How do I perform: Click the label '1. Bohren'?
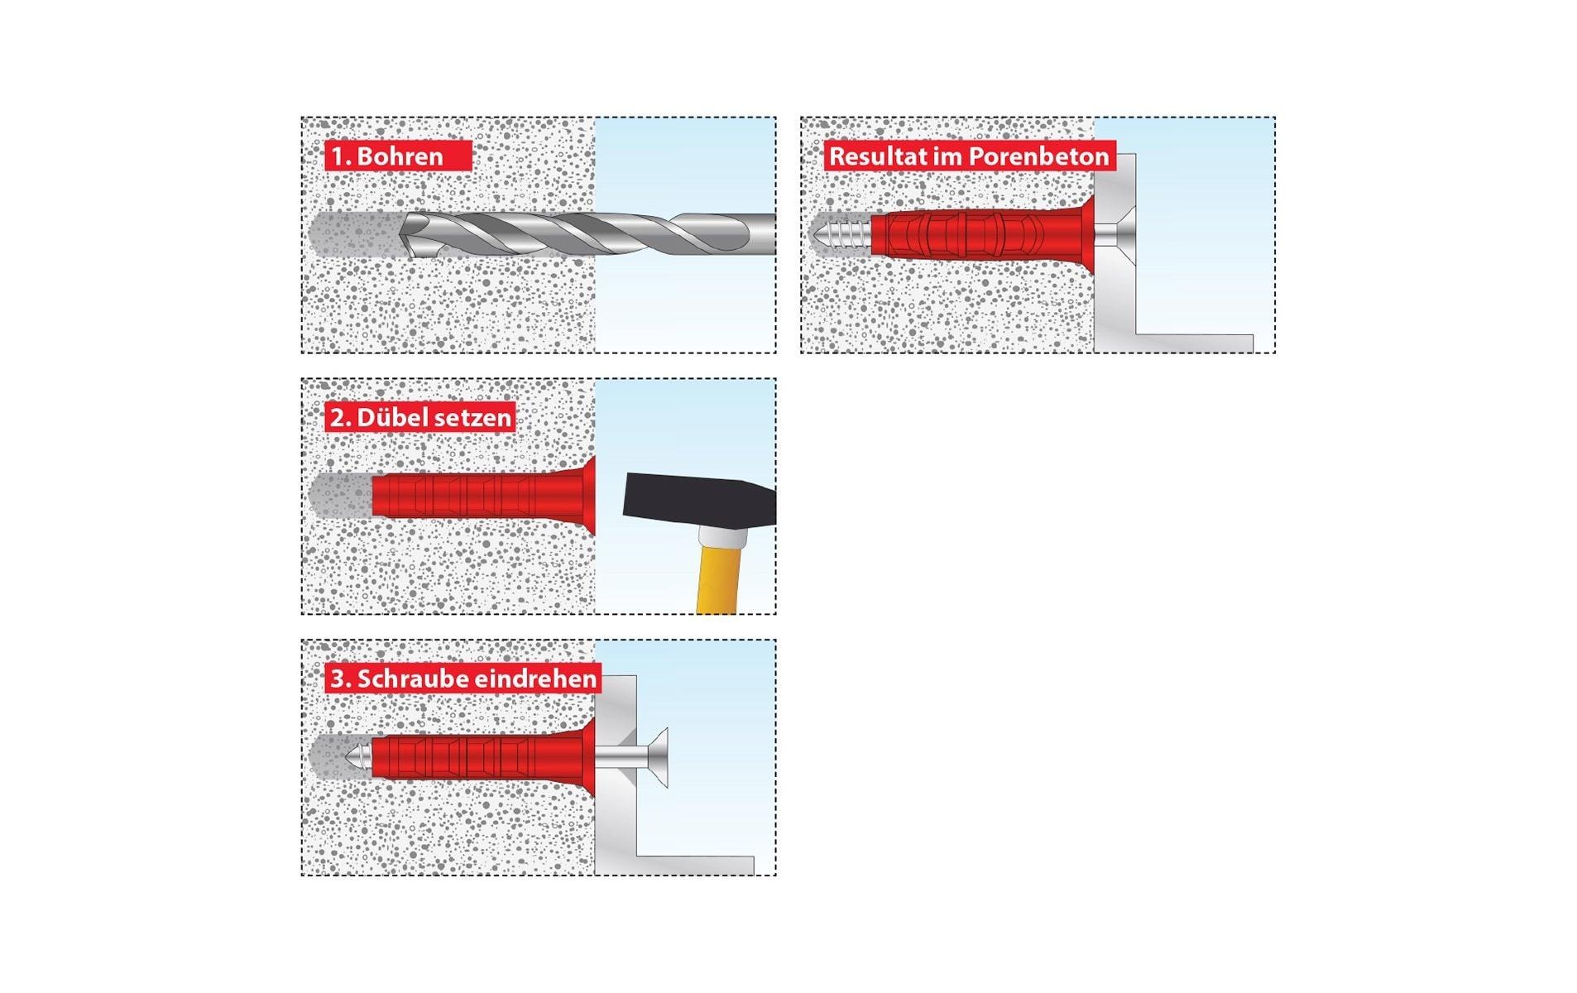coord(386,156)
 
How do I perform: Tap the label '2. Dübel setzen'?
coord(420,418)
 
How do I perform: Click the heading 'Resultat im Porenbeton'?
coord(968,156)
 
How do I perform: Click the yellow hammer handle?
coord(717,579)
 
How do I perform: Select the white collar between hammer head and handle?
coord(722,537)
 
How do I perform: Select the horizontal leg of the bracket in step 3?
coord(695,866)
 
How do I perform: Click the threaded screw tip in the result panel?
coord(840,234)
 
